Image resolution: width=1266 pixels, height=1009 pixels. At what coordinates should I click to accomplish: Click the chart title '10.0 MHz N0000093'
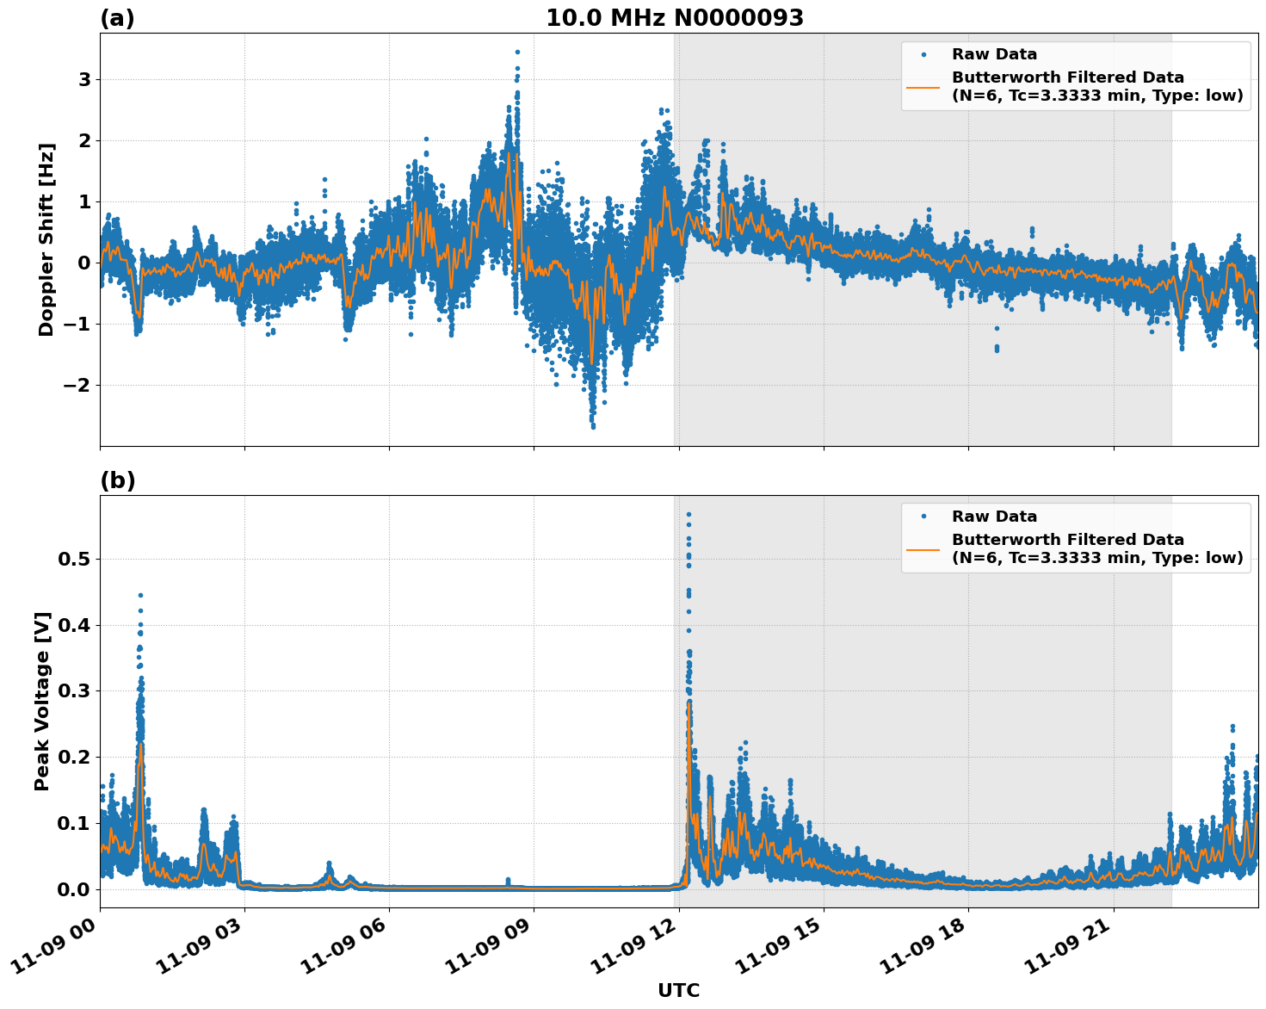point(674,18)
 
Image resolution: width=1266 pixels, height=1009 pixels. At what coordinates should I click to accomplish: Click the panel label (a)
point(117,18)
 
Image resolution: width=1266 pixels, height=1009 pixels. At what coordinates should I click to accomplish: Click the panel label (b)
point(117,480)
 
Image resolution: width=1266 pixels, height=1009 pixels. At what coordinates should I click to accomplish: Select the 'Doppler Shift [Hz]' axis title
point(46,239)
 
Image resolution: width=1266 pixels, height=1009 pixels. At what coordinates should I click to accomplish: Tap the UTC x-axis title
point(678,990)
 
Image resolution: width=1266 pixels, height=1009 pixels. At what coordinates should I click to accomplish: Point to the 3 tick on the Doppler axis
point(85,79)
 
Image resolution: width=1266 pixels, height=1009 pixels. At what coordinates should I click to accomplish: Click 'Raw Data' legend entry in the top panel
point(994,55)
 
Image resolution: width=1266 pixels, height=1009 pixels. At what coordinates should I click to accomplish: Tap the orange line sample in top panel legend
point(923,86)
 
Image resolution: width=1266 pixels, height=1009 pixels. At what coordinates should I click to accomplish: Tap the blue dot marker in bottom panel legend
point(923,517)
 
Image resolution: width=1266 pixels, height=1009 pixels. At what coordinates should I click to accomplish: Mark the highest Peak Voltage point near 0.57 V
point(689,514)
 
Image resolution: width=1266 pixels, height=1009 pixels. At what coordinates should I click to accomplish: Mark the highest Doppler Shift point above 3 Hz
point(517,52)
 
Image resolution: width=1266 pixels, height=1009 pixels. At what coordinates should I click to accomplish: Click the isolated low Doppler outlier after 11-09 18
point(997,349)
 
